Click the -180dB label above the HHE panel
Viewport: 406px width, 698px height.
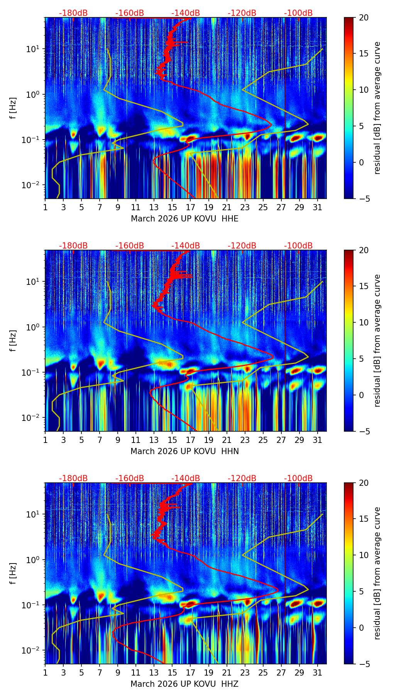[73, 13]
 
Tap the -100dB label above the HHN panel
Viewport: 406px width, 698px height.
[298, 246]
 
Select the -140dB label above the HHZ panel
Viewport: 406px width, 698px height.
[186, 478]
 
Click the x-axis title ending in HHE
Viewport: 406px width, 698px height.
[184, 219]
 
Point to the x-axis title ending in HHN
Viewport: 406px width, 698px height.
[184, 451]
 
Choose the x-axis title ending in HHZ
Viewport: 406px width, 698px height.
[184, 684]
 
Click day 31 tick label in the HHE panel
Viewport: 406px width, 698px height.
[317, 207]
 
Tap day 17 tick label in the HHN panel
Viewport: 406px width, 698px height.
[190, 439]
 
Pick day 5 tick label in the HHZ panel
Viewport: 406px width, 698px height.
[81, 672]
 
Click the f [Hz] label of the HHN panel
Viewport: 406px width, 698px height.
[14, 340]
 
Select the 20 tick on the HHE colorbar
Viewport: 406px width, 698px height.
[364, 17]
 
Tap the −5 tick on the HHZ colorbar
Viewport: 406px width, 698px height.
[364, 664]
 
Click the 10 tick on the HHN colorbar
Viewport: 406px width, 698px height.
[364, 322]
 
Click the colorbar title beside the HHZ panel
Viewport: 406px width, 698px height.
[377, 573]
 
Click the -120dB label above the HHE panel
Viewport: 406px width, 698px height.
[242, 13]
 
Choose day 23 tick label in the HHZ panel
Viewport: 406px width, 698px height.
[245, 672]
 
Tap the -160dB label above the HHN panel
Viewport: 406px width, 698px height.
[130, 246]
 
